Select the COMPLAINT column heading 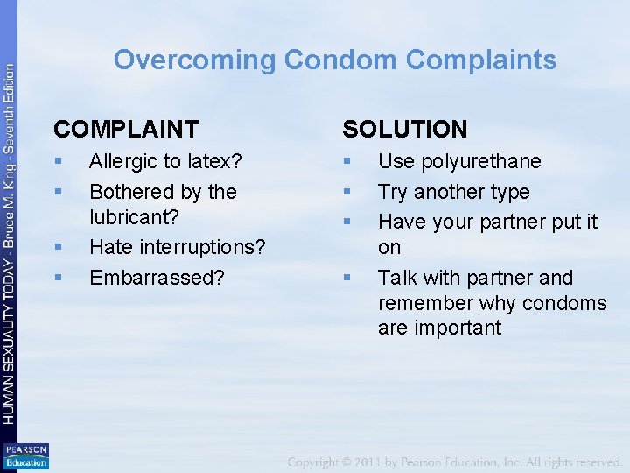pyautogui.click(x=126, y=130)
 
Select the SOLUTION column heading pyautogui.click(x=405, y=130)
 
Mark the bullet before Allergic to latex pyautogui.click(x=58, y=162)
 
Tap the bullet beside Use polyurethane pyautogui.click(x=346, y=162)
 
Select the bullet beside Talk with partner pyautogui.click(x=346, y=279)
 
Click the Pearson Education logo pyautogui.click(x=26, y=456)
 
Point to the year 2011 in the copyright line pyautogui.click(x=381, y=461)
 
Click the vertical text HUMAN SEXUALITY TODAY pyautogui.click(x=10, y=342)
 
